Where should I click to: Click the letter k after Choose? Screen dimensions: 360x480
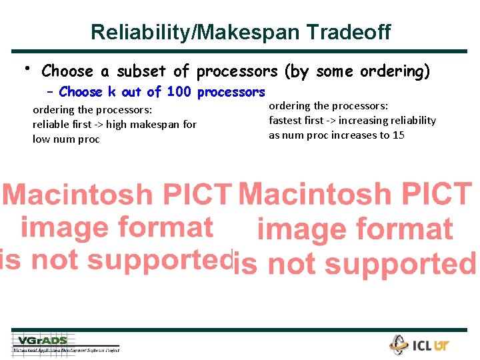(111, 92)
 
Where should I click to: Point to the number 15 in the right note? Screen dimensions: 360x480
(398, 135)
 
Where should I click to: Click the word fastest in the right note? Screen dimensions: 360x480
(286, 120)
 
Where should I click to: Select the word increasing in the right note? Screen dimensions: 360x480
(362, 120)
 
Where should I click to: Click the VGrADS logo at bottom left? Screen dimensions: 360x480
(43, 341)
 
